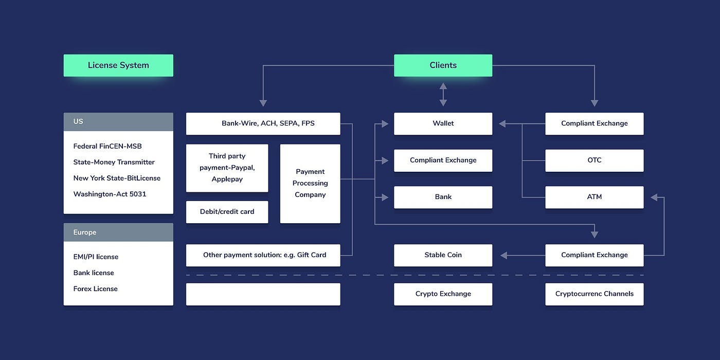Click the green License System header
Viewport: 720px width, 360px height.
118,65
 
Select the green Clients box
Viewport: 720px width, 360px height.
443,65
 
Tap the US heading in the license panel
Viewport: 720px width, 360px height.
118,122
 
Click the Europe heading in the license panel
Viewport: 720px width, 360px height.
118,232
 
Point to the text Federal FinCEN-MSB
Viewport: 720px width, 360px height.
107,146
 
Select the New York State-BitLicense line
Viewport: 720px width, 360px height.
117,178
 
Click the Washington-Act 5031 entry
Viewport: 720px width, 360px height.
110,194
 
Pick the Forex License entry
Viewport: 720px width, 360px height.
95,289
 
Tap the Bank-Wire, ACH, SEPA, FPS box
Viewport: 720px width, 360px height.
263,123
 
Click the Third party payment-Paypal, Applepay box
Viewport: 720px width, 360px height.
227,168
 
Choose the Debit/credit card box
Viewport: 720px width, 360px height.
227,212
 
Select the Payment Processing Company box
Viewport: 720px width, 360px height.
310,183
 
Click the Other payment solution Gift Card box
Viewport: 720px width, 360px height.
263,255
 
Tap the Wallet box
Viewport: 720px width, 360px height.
443,123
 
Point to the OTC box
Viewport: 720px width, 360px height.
594,160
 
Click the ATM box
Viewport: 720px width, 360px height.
594,197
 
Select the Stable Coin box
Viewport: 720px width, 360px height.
443,255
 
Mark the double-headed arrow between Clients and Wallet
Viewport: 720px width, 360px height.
443,95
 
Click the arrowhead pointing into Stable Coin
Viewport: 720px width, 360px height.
503,255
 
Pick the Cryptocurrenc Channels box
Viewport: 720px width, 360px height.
594,294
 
